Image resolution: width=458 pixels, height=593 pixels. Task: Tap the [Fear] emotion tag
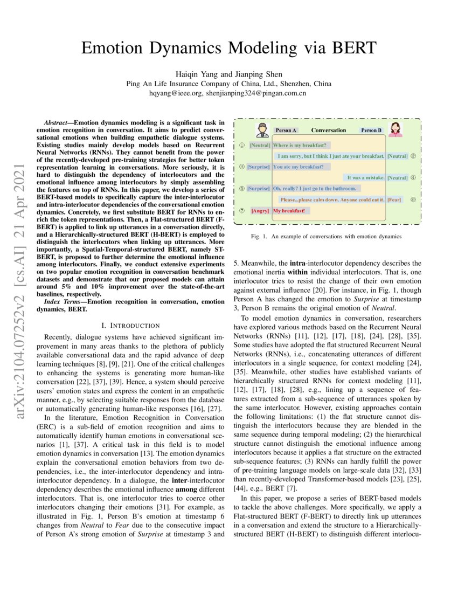[x=394, y=199]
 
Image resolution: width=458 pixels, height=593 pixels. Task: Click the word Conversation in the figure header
[x=328, y=130]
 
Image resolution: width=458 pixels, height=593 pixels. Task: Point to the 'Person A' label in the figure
[x=286, y=130]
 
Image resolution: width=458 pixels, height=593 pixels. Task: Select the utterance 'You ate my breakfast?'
[x=298, y=167]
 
